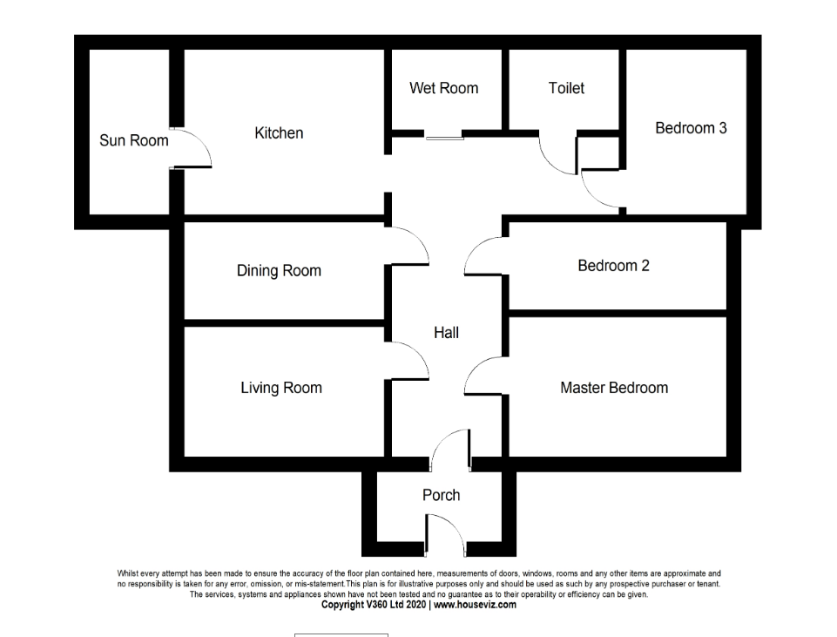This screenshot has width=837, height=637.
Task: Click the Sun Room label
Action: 134,140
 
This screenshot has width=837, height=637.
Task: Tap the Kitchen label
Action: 279,133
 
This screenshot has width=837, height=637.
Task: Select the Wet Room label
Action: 443,88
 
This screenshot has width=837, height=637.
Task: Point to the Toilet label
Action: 566,88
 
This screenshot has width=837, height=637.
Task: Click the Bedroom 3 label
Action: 691,128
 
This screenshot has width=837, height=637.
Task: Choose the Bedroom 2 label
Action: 613,266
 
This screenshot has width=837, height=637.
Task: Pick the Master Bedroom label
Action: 614,388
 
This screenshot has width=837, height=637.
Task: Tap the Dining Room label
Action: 279,271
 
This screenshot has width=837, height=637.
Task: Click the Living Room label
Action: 281,388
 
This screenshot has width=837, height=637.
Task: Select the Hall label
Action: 446,332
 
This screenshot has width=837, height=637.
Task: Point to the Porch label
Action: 441,495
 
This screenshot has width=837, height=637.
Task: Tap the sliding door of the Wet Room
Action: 444,135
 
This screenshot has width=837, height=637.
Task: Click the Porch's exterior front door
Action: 445,532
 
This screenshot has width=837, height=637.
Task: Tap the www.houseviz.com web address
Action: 475,605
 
